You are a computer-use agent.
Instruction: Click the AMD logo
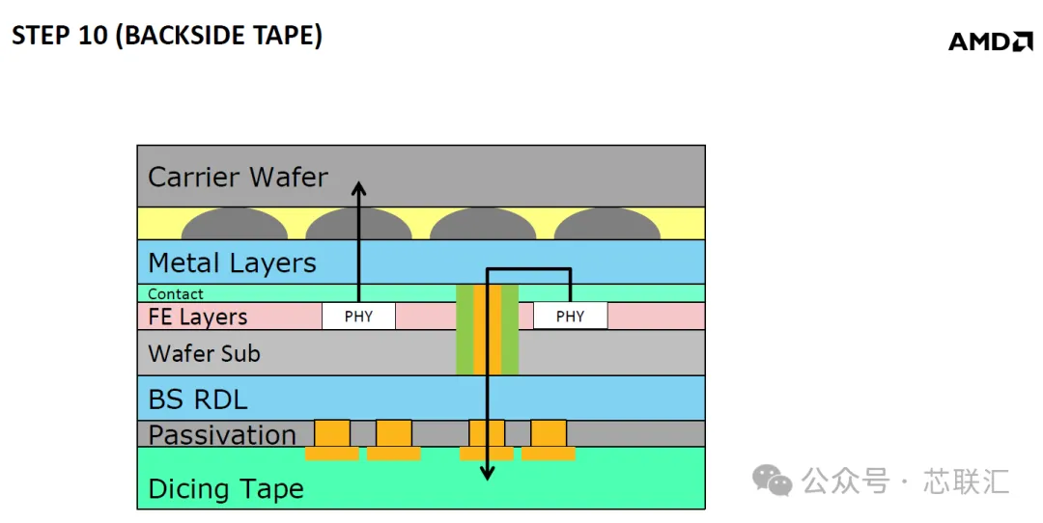[991, 41]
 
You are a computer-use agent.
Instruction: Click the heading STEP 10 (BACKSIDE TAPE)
[167, 36]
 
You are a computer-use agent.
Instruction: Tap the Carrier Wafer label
[239, 178]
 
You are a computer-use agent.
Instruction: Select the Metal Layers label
[232, 263]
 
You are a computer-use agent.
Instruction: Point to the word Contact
[176, 293]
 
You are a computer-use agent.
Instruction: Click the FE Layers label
[198, 317]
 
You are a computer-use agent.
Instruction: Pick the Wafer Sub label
[204, 353]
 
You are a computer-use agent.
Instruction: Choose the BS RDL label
[198, 399]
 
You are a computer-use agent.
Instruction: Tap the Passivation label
[222, 434]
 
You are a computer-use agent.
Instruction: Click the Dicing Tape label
[226, 489]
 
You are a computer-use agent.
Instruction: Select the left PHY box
[358, 317]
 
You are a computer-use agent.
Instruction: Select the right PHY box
[570, 317]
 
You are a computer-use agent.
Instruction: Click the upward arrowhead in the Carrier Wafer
[358, 188]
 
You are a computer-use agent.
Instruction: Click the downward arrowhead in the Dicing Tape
[487, 473]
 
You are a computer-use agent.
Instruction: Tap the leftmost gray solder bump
[235, 224]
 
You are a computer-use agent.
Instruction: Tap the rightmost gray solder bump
[607, 224]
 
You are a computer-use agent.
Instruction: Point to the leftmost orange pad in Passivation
[332, 440]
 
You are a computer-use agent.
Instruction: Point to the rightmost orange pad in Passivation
[549, 440]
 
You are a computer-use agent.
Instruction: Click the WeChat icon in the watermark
[773, 481]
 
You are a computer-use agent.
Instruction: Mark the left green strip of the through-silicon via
[465, 330]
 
